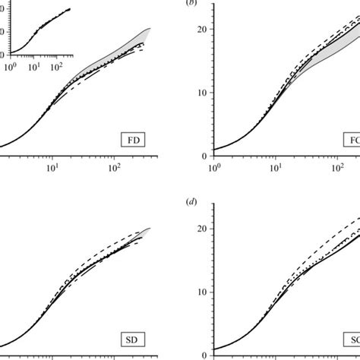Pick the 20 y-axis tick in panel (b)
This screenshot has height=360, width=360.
201,30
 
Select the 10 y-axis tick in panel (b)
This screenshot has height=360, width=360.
201,93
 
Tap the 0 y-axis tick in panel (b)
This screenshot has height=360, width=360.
204,156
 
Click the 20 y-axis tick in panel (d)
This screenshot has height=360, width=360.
201,229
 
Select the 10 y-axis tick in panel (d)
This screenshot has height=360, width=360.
201,292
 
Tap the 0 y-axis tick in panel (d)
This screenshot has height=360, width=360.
204,354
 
